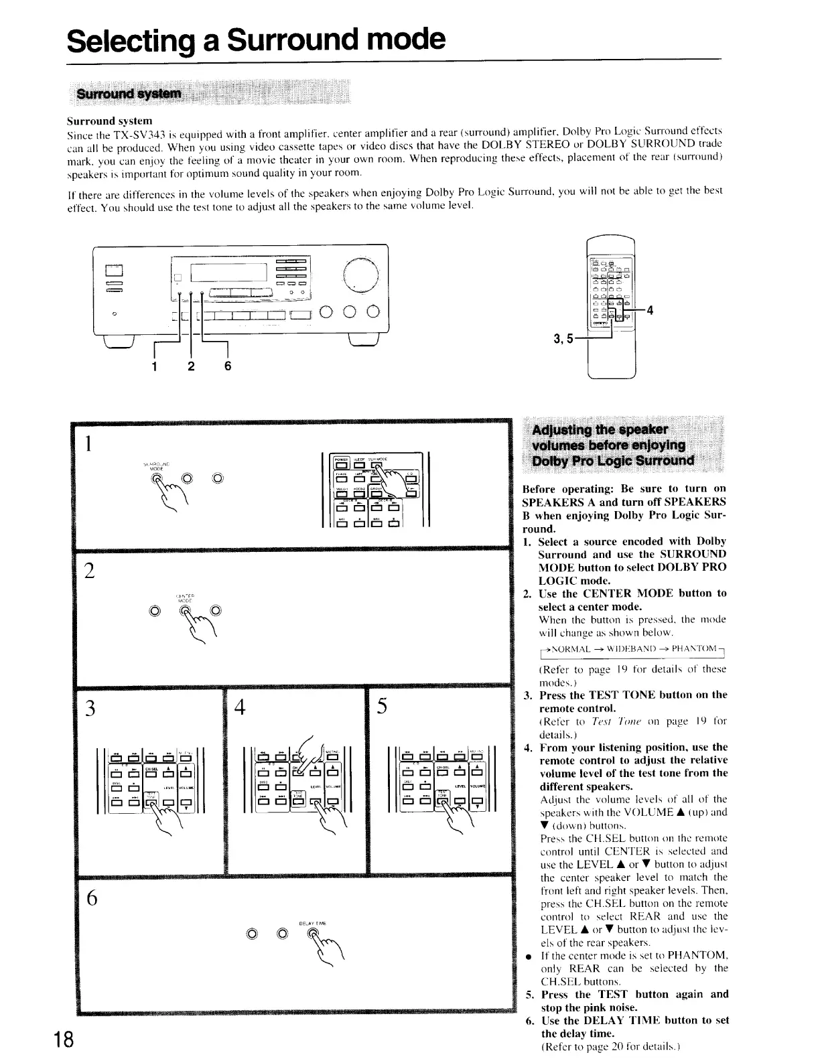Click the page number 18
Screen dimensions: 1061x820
(x=64, y=1039)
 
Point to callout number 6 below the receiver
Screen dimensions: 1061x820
(x=228, y=366)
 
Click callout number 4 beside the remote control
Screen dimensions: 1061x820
(x=649, y=309)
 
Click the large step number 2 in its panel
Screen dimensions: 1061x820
(x=89, y=571)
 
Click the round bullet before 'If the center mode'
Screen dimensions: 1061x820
(x=529, y=955)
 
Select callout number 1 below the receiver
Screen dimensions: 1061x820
(x=155, y=366)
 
